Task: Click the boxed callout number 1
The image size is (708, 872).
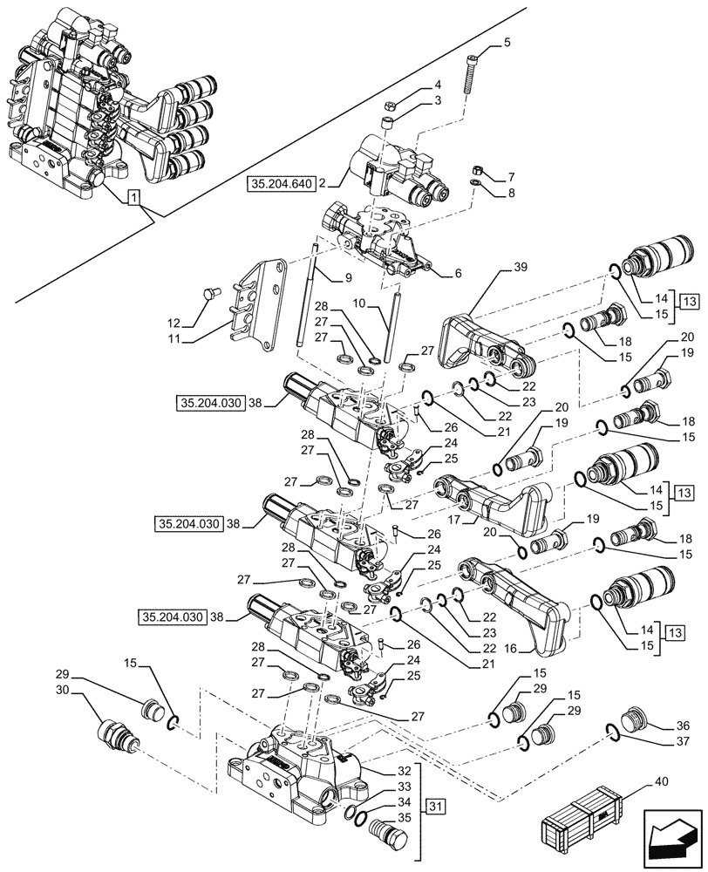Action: tap(133, 200)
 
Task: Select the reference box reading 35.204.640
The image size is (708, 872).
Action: tap(281, 184)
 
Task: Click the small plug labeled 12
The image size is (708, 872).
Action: tap(208, 295)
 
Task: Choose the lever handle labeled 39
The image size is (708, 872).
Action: tap(475, 349)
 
